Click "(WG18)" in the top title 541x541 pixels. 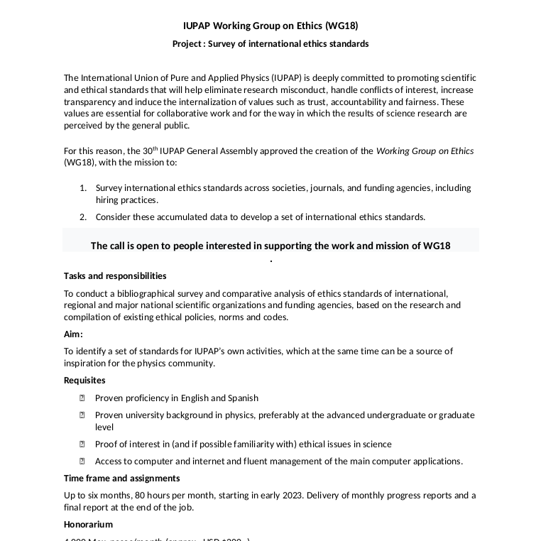(x=341, y=26)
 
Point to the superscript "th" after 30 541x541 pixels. (x=155, y=148)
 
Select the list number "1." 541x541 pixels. (x=82, y=188)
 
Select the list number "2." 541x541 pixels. (x=82, y=217)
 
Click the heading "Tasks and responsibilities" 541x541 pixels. (x=115, y=276)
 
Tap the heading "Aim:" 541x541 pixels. (x=73, y=334)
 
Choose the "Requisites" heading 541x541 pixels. (x=84, y=381)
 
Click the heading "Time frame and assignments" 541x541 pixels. (x=121, y=479)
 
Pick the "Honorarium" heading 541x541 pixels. (x=88, y=525)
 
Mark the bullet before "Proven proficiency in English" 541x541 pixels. (x=82, y=398)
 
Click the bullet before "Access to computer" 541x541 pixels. (x=82, y=461)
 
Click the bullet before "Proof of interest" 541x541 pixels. (x=82, y=444)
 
